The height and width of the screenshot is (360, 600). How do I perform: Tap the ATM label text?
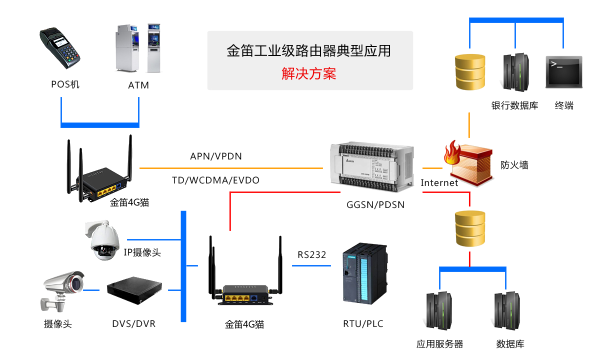[x=138, y=85]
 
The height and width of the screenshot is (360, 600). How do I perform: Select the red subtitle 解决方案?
[x=308, y=74]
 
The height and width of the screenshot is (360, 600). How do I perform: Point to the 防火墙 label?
[x=514, y=164]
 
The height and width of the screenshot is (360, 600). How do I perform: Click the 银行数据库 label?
[x=514, y=105]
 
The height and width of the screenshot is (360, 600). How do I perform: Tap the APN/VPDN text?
[x=216, y=156]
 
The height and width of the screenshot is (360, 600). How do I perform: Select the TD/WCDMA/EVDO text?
[x=216, y=180]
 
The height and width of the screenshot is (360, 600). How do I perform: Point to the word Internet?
[x=439, y=182]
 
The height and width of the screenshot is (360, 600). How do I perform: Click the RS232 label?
[x=311, y=254]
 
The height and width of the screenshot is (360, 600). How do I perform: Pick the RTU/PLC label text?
[x=363, y=323]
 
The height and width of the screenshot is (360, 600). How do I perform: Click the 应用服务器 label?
[x=439, y=344]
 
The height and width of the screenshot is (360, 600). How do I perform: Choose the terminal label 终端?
[x=564, y=105]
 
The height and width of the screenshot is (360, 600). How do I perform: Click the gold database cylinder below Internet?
[x=470, y=228]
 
